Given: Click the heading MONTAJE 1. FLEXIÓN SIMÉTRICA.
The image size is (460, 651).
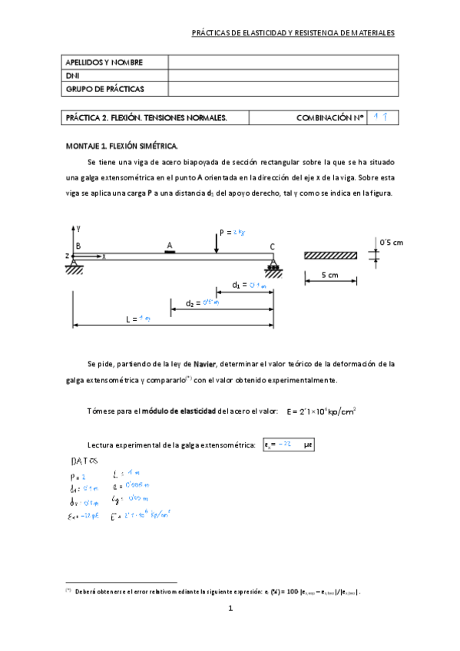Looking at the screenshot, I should pyautogui.click(x=122, y=145).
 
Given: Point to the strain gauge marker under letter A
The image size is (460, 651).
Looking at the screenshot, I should pyautogui.click(x=170, y=250).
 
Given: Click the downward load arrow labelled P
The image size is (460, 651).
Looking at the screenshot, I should pyautogui.click(x=217, y=241).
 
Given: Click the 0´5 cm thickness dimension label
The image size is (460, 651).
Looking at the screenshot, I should pyautogui.click(x=392, y=243).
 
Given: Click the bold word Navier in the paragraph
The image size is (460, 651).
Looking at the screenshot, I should pyautogui.click(x=204, y=363).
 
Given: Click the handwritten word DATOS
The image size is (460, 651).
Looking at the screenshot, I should pyautogui.click(x=84, y=461).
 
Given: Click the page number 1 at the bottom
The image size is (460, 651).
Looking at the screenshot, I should pyautogui.click(x=230, y=609).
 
